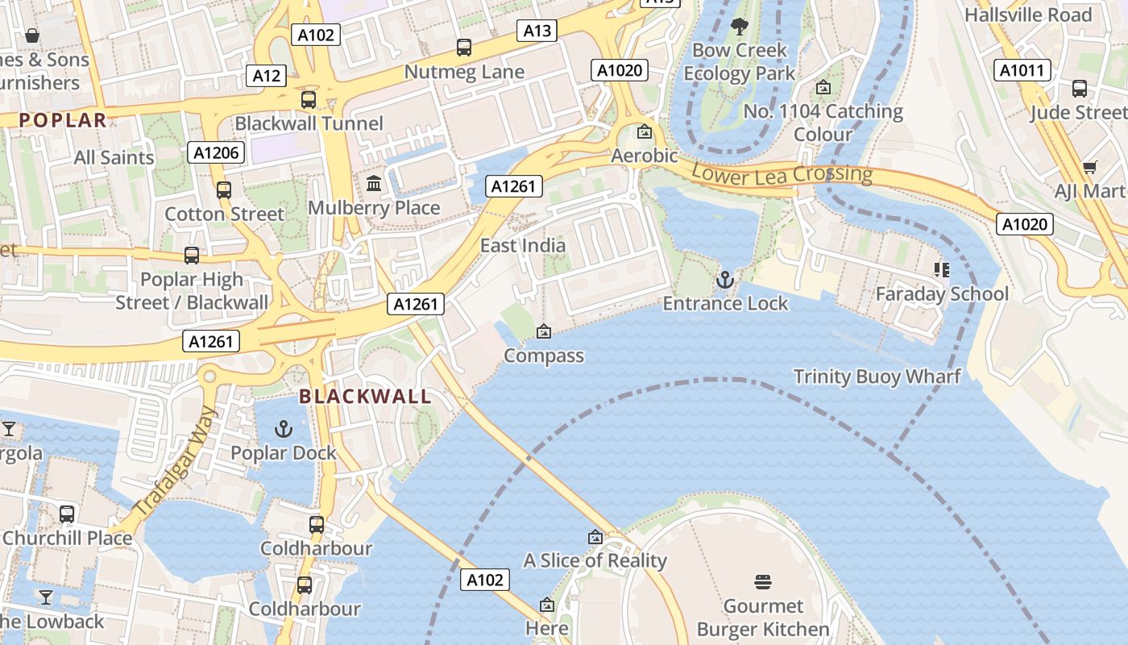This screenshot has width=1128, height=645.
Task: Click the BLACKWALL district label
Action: click(365, 397)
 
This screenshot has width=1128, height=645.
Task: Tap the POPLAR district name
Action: click(63, 121)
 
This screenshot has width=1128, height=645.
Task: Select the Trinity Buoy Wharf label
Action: click(877, 377)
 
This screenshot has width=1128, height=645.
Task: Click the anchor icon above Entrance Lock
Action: click(725, 281)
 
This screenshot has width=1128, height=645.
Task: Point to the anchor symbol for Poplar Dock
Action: click(283, 429)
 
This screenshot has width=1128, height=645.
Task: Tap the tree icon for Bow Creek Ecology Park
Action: click(739, 27)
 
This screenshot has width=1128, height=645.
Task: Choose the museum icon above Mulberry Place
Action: click(374, 185)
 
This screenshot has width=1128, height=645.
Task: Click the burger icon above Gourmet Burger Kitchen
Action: click(763, 582)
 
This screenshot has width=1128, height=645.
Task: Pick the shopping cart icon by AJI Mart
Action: click(1090, 168)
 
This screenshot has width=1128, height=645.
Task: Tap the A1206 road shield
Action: click(216, 152)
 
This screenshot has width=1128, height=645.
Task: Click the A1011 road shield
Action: click(1022, 71)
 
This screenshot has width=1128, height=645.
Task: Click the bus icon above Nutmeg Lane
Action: click(463, 48)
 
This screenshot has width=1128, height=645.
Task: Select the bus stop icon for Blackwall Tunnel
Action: click(309, 100)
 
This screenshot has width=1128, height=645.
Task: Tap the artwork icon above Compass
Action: click(544, 331)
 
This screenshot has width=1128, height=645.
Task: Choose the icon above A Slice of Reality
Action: click(595, 537)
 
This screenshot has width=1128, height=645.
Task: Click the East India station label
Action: click(523, 246)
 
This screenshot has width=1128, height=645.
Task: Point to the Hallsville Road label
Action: click(1028, 15)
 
